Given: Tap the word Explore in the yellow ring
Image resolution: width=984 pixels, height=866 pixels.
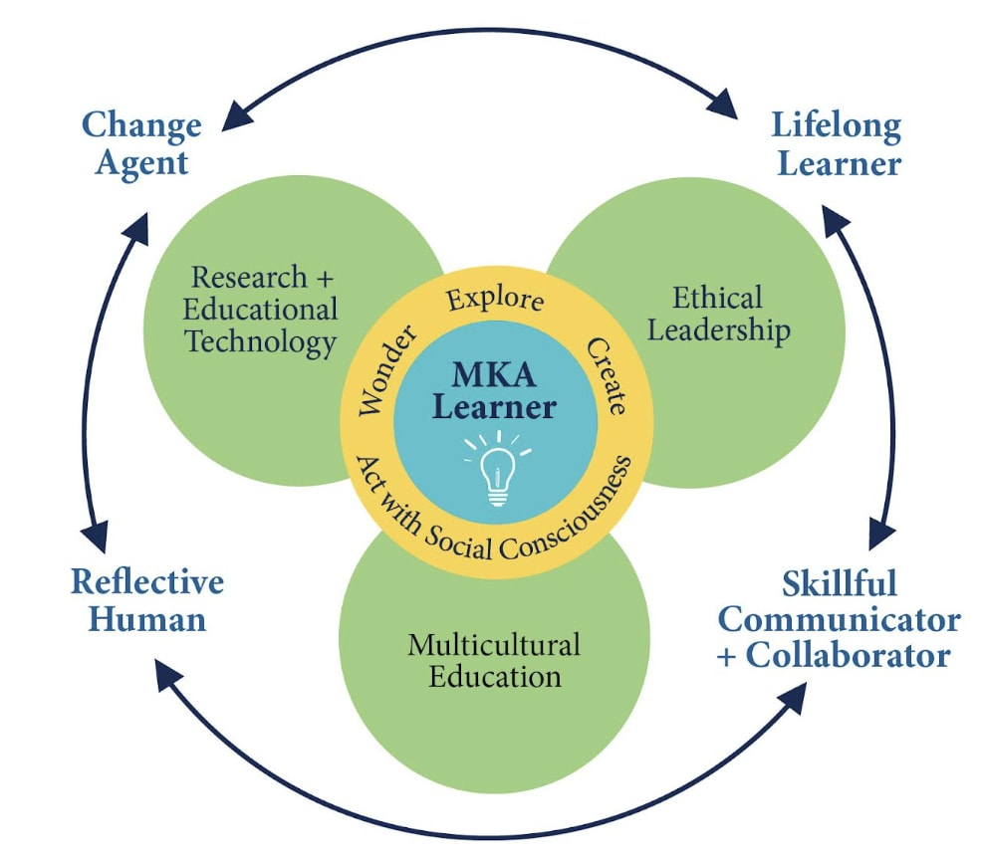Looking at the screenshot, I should (495, 299).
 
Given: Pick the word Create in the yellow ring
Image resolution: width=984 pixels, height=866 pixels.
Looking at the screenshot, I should (606, 376).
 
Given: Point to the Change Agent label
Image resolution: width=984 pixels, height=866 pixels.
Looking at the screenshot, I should (141, 143).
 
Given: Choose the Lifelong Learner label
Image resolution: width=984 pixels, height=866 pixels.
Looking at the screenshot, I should (837, 143).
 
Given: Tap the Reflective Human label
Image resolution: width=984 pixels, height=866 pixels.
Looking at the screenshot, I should (147, 600).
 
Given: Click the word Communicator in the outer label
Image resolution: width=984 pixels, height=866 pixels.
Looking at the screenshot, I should (840, 619).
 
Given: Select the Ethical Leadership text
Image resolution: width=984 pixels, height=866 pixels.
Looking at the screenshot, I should (718, 313).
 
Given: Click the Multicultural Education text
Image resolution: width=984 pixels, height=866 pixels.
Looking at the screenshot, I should (495, 660).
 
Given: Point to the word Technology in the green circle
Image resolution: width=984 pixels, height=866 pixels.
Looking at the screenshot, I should (261, 341).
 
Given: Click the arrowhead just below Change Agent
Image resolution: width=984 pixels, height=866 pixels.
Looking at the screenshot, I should (135, 226).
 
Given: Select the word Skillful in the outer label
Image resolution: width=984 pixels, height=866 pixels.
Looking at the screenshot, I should (840, 581).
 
